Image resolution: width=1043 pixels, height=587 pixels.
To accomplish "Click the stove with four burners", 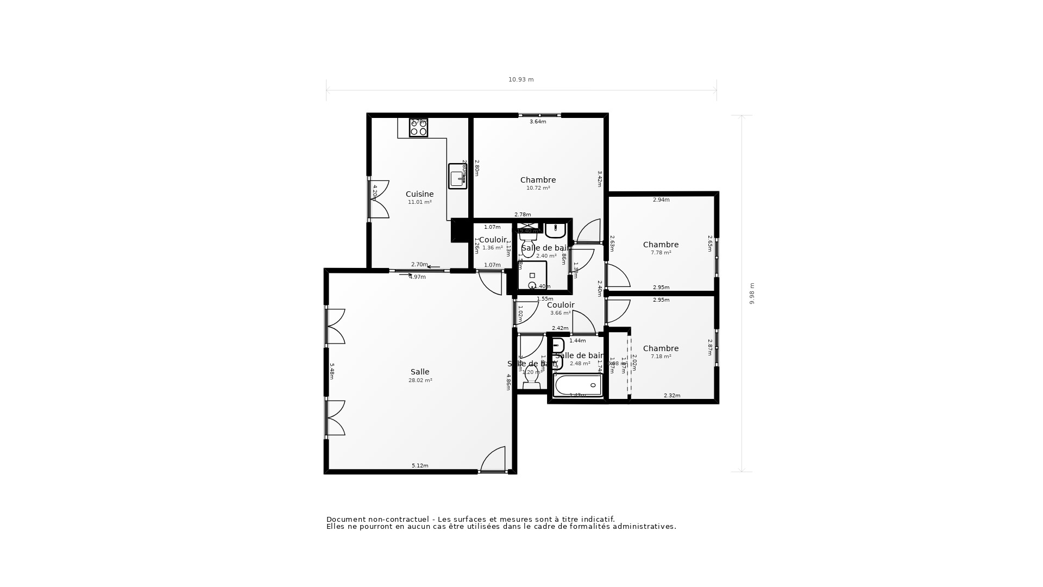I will point(418,128).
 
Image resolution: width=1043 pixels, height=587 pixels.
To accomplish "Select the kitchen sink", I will point(457,177).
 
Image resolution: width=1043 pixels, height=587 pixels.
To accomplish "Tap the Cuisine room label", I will point(419,194).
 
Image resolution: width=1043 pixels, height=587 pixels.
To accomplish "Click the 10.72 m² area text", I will point(538,188).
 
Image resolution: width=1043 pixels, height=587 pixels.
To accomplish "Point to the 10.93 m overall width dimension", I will point(521,79).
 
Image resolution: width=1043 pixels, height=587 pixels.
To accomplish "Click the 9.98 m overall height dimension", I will point(752,293).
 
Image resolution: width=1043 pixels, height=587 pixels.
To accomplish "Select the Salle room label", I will point(419,372).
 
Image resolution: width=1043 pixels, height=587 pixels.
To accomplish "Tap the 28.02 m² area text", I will point(420,380).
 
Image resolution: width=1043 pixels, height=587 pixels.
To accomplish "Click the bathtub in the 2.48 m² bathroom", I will point(578,385).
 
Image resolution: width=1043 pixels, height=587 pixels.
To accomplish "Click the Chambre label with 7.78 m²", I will point(661,245).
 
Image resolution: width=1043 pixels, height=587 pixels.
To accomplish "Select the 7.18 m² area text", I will point(661,357).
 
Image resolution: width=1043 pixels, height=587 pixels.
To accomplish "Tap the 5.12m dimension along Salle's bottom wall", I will point(420,466).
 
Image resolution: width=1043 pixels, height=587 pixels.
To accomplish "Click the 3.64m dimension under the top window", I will point(538,122).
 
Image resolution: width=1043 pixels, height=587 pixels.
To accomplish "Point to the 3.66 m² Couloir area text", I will point(560,313).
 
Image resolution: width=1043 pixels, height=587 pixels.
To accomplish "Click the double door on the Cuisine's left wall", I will point(379,199).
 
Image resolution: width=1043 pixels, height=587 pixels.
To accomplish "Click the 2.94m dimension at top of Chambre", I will point(661,200).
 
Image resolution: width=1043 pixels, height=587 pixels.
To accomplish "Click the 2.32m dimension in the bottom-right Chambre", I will point(672,396).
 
